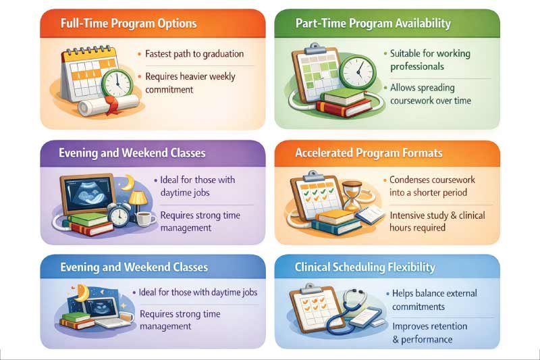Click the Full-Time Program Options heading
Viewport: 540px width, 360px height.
(x=128, y=24)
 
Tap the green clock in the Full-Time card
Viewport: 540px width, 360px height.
(x=117, y=81)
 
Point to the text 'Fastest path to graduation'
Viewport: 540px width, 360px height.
(x=194, y=54)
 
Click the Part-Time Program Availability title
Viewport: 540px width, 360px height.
(x=373, y=24)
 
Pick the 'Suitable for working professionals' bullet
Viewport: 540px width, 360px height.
(x=431, y=60)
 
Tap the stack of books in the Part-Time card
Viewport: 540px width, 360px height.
(x=344, y=101)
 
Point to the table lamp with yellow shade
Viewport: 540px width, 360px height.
(x=138, y=199)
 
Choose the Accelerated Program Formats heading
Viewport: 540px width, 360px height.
(x=369, y=153)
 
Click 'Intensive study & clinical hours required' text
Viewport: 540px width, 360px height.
(x=437, y=222)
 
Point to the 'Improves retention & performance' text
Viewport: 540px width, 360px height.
(x=429, y=332)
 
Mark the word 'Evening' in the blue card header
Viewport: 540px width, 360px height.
(x=80, y=267)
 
